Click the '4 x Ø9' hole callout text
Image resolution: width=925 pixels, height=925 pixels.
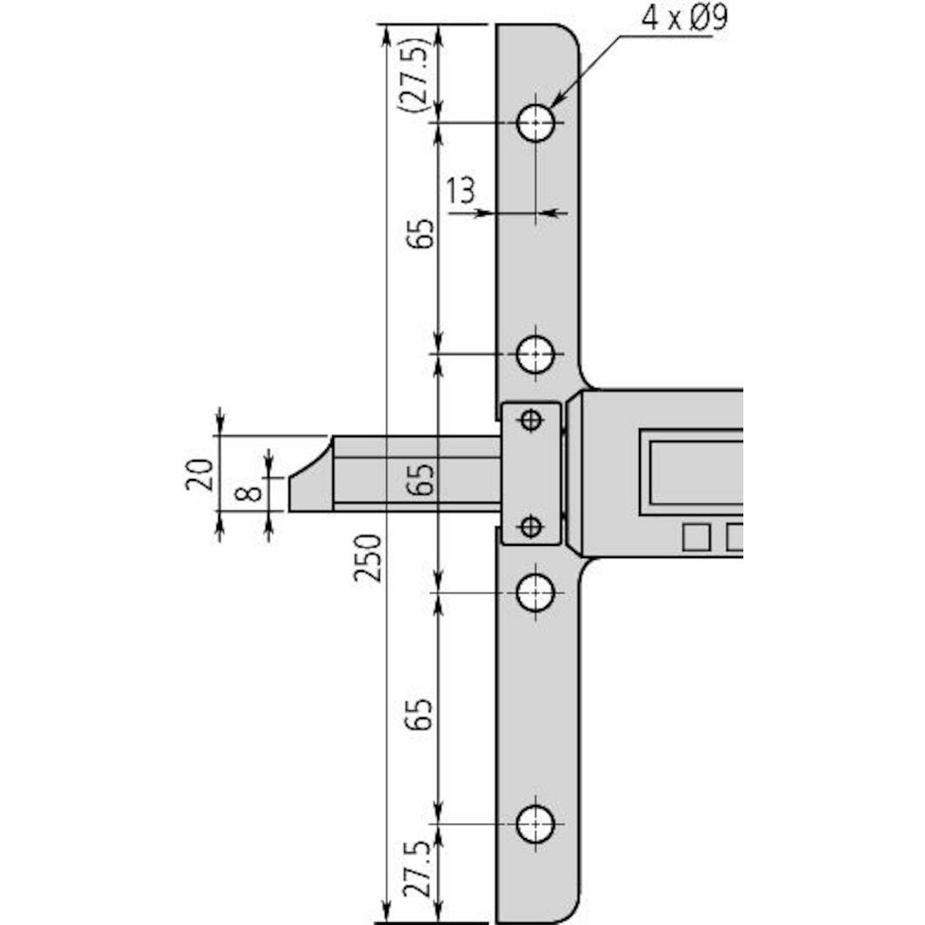click(683, 19)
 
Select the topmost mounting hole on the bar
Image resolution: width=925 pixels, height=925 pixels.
click(536, 123)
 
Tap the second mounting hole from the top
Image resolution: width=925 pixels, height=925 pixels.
click(536, 354)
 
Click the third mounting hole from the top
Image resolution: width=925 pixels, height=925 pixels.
click(536, 594)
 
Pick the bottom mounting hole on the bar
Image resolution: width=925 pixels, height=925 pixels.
click(536, 823)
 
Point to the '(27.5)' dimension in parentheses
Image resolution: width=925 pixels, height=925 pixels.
click(413, 75)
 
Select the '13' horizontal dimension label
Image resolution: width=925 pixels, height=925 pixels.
click(462, 191)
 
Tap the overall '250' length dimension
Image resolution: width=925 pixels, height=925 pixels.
click(369, 557)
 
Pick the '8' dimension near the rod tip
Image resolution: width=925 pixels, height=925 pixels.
click(250, 493)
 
